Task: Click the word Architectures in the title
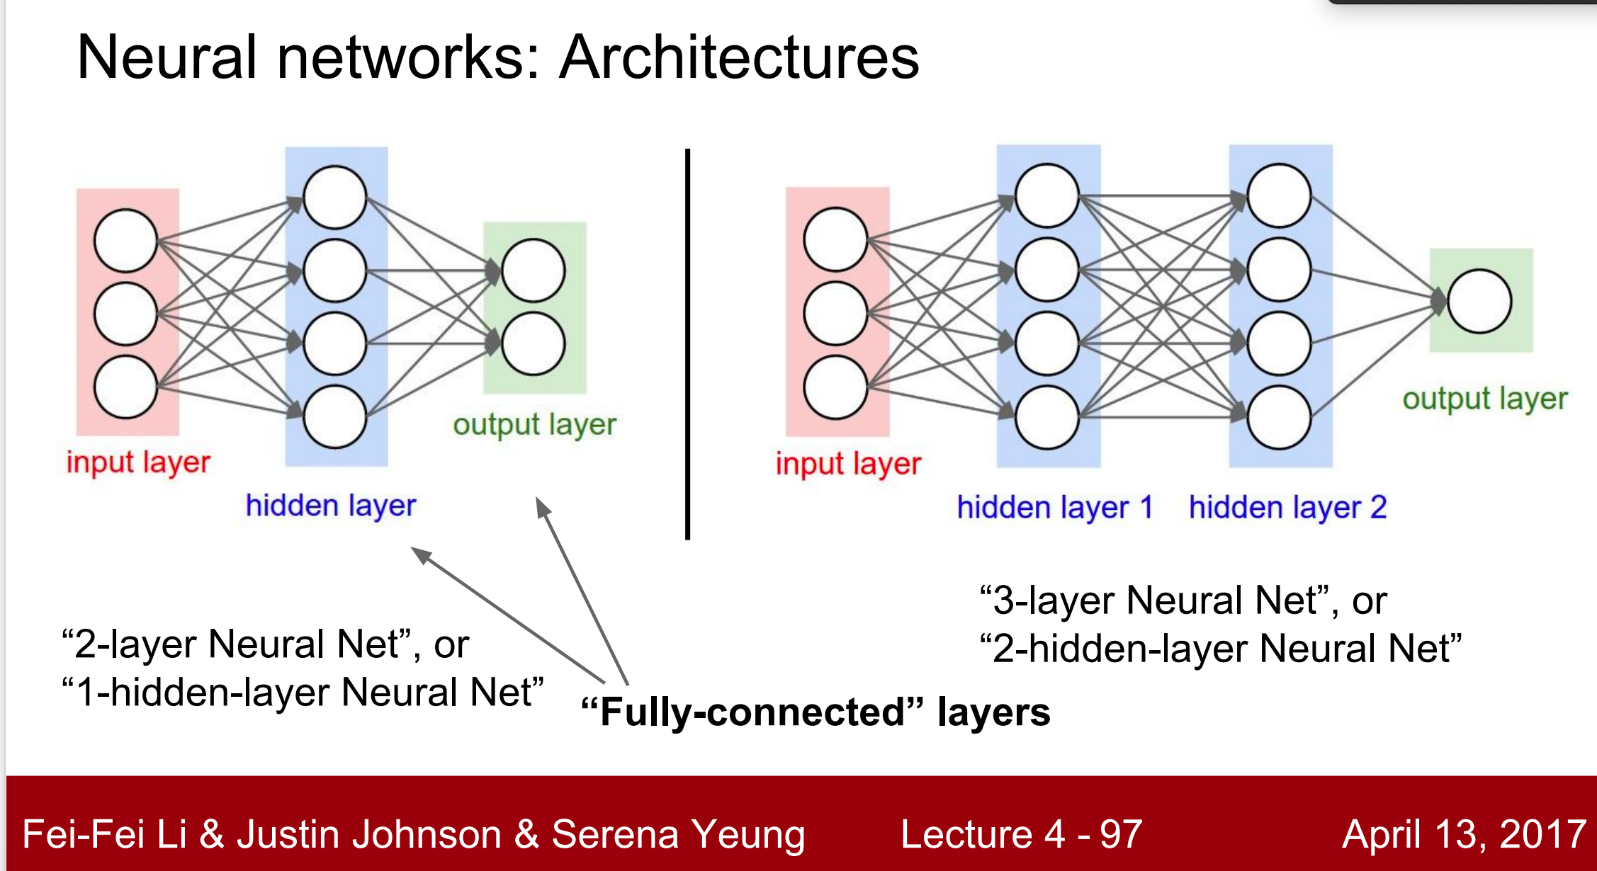pyautogui.click(x=739, y=58)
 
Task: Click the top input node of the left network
pyautogui.click(x=125, y=240)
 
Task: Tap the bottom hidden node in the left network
pyautogui.click(x=334, y=417)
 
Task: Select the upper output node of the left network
pyautogui.click(x=533, y=271)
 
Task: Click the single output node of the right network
pyautogui.click(x=1479, y=302)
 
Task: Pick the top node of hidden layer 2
pyautogui.click(x=1279, y=196)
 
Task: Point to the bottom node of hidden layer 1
pyautogui.click(x=1046, y=417)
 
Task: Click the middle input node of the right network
pyautogui.click(x=835, y=313)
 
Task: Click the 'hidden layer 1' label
pyautogui.click(x=1055, y=508)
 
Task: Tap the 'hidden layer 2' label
pyautogui.click(x=1287, y=508)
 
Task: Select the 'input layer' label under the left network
pyautogui.click(x=138, y=463)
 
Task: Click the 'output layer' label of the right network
pyautogui.click(x=1484, y=399)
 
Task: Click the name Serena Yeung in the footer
pyautogui.click(x=678, y=834)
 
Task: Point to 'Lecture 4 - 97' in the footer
pyautogui.click(x=1020, y=834)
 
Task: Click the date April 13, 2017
pyautogui.click(x=1463, y=834)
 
